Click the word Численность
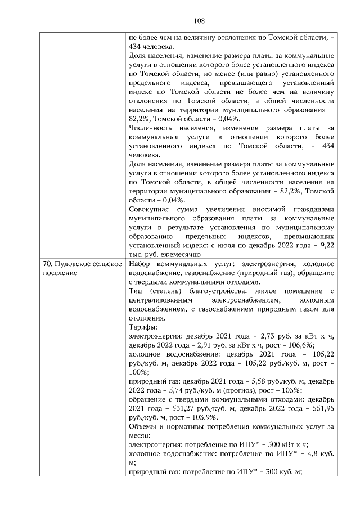[151, 128]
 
